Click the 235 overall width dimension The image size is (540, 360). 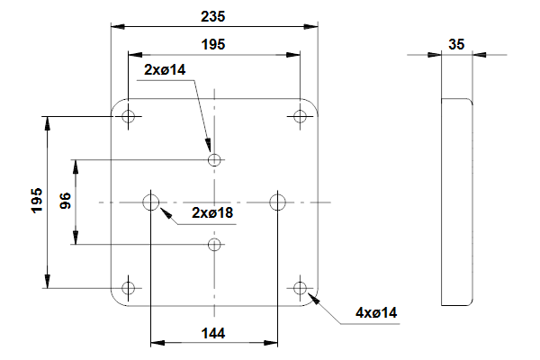pyautogui.click(x=213, y=16)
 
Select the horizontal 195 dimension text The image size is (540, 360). pyautogui.click(x=213, y=43)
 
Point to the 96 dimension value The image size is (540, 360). pyautogui.click(x=66, y=202)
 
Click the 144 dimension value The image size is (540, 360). pyautogui.click(x=212, y=333)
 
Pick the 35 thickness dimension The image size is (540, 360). pyautogui.click(x=456, y=43)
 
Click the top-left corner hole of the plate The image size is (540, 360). pyautogui.click(x=129, y=116)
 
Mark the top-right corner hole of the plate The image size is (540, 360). pyautogui.click(x=301, y=116)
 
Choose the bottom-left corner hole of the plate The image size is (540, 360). pyautogui.click(x=129, y=288)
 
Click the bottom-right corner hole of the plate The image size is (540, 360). pyautogui.click(x=301, y=288)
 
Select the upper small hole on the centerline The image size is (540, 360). pyautogui.click(x=214, y=160)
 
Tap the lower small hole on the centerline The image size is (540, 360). pyautogui.click(x=214, y=244)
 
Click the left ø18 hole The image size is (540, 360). pyautogui.click(x=151, y=202)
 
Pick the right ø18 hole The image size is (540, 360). pyautogui.click(x=278, y=202)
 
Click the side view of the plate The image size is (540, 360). pyautogui.click(x=456, y=202)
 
